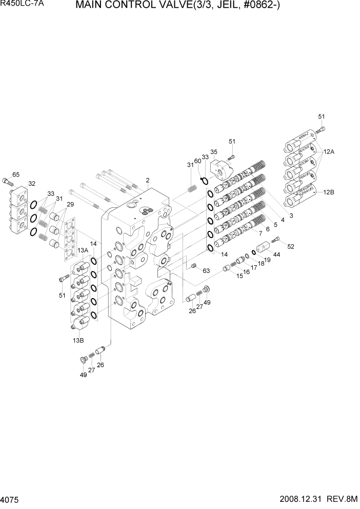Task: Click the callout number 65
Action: [x=16, y=175]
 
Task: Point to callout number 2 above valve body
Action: [x=147, y=180]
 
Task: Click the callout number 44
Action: [x=276, y=254]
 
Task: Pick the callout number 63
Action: [x=207, y=270]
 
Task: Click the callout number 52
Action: [x=291, y=247]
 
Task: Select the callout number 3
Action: [x=291, y=216]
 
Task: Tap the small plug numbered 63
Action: [x=194, y=265]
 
